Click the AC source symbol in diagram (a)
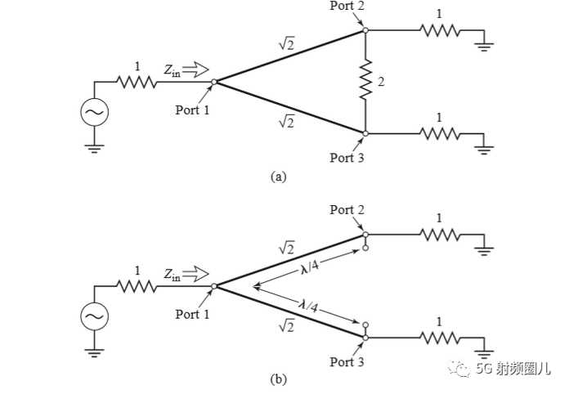click(x=94, y=112)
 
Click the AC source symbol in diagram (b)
click(x=94, y=316)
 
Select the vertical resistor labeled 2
click(x=365, y=81)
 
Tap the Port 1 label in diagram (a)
click(x=192, y=110)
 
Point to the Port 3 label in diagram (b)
click(x=347, y=361)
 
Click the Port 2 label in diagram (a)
click(x=347, y=6)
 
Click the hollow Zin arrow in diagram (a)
click(x=195, y=69)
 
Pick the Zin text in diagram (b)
click(x=172, y=275)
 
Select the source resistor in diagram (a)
click(x=137, y=82)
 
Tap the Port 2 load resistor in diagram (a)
click(x=440, y=30)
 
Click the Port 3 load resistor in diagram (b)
click(x=440, y=338)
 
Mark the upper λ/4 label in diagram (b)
click(x=310, y=267)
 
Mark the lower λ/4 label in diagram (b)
click(x=308, y=306)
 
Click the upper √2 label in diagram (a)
click(x=286, y=44)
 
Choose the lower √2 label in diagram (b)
click(x=286, y=326)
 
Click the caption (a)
click(x=278, y=177)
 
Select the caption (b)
click(x=278, y=379)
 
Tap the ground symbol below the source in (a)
click(x=94, y=149)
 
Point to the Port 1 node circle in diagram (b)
click(x=214, y=286)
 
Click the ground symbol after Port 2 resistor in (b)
click(x=484, y=251)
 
